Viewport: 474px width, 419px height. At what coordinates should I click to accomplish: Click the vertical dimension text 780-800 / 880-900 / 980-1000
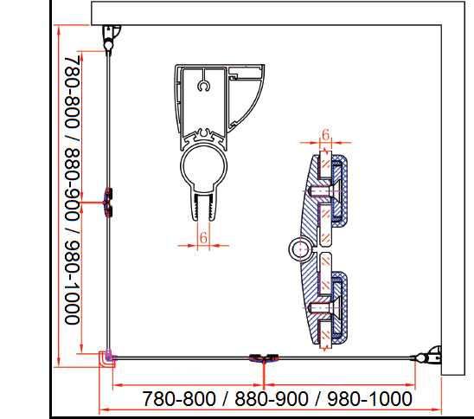tap(73, 190)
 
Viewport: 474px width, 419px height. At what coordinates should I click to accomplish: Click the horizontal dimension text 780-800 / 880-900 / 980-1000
tap(277, 399)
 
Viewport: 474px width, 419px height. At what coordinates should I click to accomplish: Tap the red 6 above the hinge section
tap(325, 135)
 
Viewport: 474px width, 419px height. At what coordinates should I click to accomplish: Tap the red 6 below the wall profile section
tap(203, 238)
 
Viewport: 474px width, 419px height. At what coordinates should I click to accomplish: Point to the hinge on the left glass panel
tap(108, 202)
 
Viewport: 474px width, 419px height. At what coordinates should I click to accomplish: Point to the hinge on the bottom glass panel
tap(264, 358)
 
